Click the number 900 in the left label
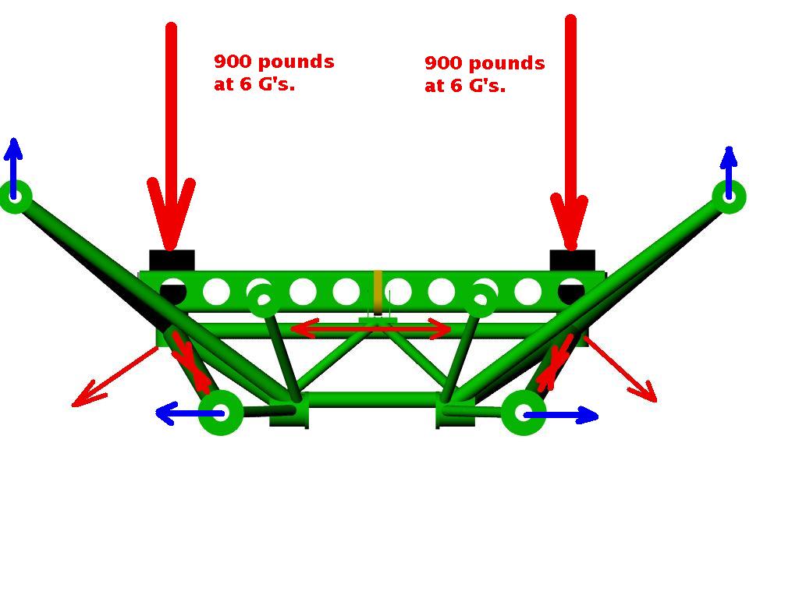[x=233, y=61]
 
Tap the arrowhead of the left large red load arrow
[x=171, y=214]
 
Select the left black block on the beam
[x=172, y=261]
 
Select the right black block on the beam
[x=572, y=261]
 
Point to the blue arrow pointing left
[x=190, y=413]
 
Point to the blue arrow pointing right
[x=560, y=415]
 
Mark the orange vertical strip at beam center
[x=378, y=292]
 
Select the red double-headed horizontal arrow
[x=371, y=329]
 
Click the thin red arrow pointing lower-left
[x=115, y=377]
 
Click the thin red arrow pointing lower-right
[x=620, y=369]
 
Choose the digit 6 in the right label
[x=456, y=86]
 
